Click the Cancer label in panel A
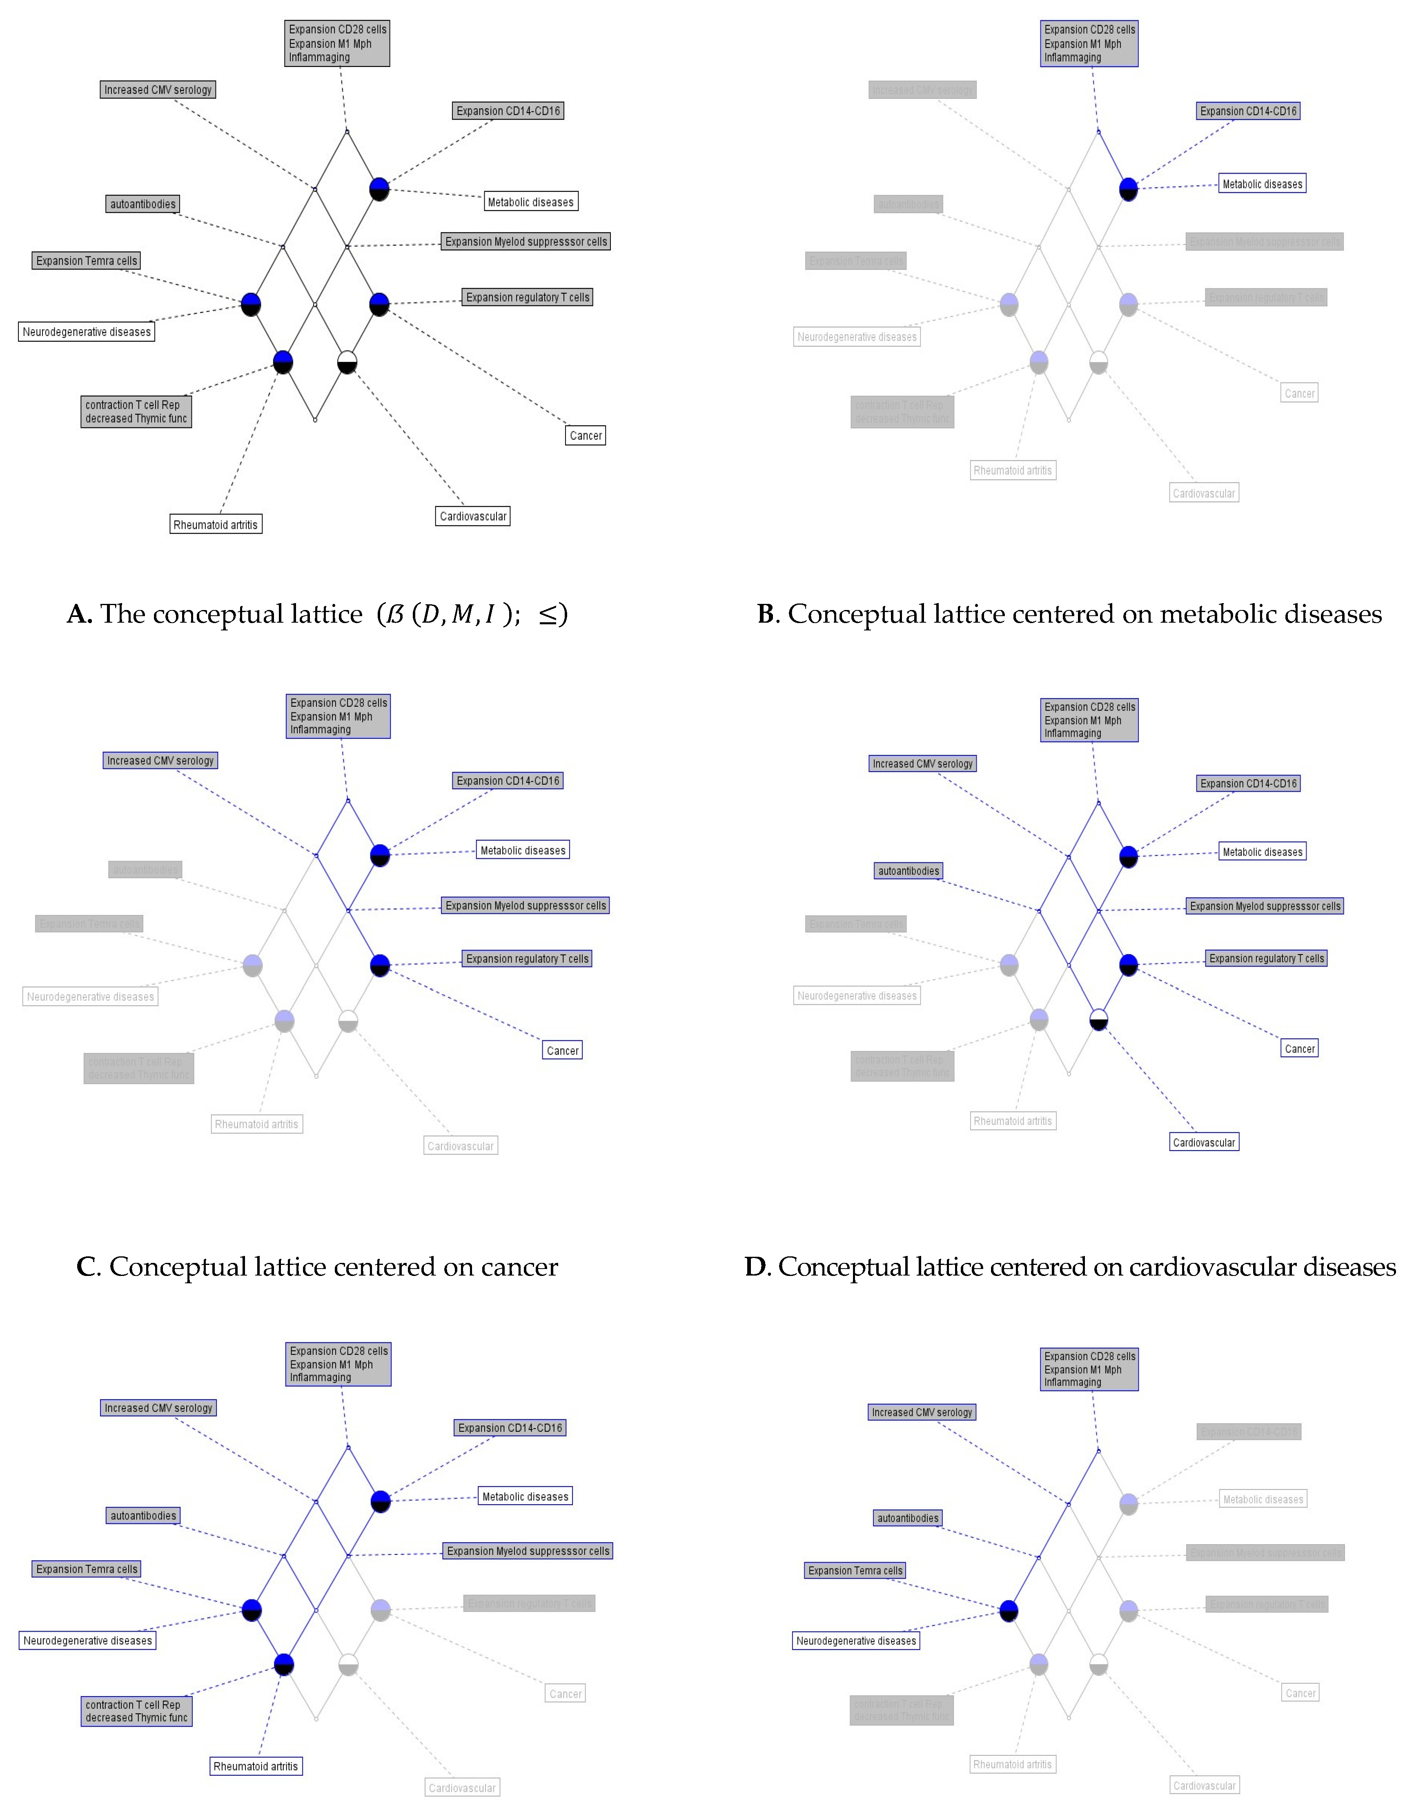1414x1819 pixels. pos(586,436)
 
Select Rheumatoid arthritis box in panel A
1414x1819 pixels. pos(216,525)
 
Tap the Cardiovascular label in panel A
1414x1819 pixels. pos(472,517)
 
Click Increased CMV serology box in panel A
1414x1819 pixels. pos(157,90)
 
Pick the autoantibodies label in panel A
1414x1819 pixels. pos(143,204)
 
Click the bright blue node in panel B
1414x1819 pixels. pos(1128,189)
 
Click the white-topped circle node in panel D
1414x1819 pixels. pos(1098,1020)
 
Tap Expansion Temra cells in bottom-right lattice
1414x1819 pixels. pos(855,1571)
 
